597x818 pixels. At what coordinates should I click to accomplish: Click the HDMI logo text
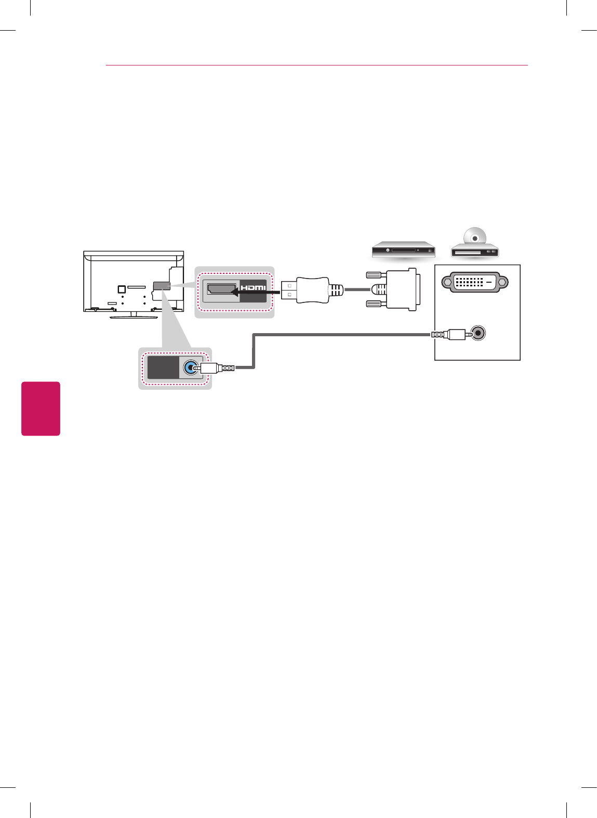[253, 287]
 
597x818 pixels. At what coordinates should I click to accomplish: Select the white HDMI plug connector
[307, 289]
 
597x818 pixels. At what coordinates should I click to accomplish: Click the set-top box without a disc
[403, 250]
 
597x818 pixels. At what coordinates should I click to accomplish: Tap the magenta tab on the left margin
[41, 408]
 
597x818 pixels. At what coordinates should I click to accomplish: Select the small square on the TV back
[121, 289]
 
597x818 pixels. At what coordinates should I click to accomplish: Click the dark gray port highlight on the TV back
[161, 286]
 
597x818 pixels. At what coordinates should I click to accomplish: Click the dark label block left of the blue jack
[163, 368]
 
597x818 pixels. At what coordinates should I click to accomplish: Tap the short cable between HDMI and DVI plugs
[357, 289]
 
